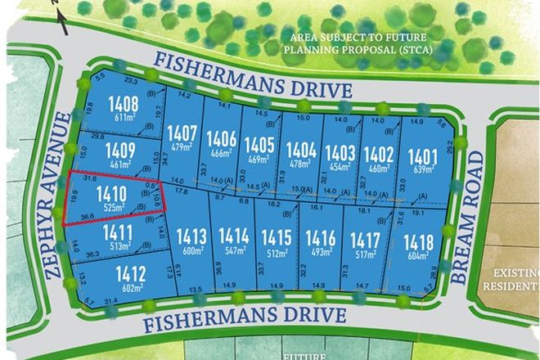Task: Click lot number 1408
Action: tap(120, 105)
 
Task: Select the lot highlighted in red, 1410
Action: tap(111, 194)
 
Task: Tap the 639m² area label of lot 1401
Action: tap(424, 169)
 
